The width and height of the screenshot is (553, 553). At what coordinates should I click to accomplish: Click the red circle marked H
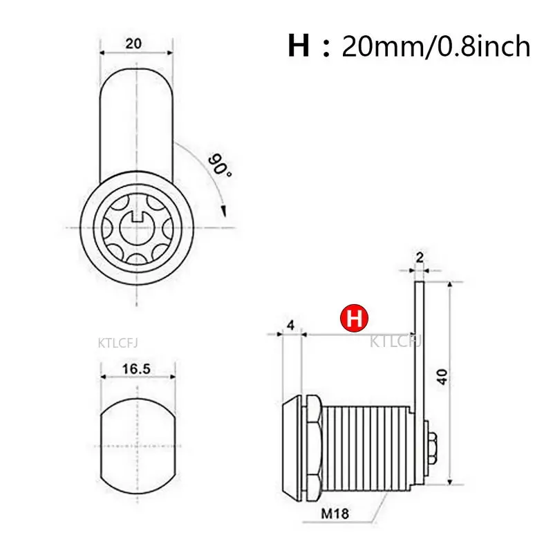pyautogui.click(x=354, y=319)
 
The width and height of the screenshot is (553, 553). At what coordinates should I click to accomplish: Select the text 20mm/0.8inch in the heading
pyautogui.click(x=436, y=46)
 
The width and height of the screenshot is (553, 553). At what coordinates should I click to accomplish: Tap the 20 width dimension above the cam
pyautogui.click(x=134, y=43)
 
